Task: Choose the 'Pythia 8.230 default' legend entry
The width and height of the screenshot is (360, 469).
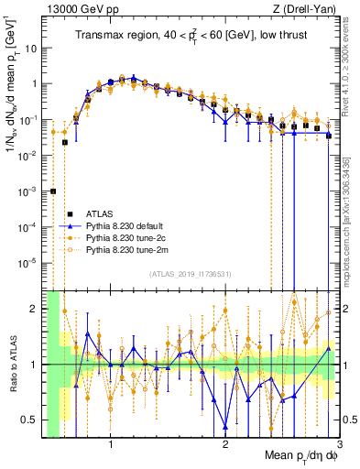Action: point(132,225)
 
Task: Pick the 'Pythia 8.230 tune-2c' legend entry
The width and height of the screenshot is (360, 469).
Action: point(132,237)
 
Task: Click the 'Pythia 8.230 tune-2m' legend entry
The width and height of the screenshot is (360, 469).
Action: point(133,249)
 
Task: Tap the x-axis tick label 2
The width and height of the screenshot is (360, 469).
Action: point(225,446)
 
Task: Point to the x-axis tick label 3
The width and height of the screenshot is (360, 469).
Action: point(338,446)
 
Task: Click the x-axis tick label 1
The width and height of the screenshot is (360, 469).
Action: point(111,446)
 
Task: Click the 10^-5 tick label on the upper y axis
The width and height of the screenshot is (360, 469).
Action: point(29,262)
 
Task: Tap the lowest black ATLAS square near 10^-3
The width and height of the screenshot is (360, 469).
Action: point(53,191)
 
